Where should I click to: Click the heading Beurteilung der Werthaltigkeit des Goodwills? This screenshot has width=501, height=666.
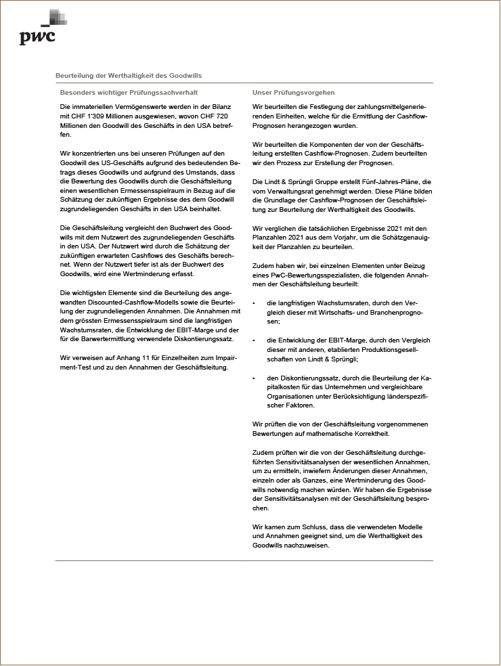coord(128,76)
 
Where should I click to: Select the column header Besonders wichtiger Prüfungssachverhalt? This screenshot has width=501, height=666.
coord(129,92)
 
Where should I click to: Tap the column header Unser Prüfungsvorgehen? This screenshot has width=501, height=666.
coord(293,92)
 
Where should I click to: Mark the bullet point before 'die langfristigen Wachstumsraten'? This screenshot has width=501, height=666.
coord(253,303)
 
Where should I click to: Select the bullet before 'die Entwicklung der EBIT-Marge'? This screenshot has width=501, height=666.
coord(253,340)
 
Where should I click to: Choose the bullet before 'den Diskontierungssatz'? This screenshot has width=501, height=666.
coord(253,378)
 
